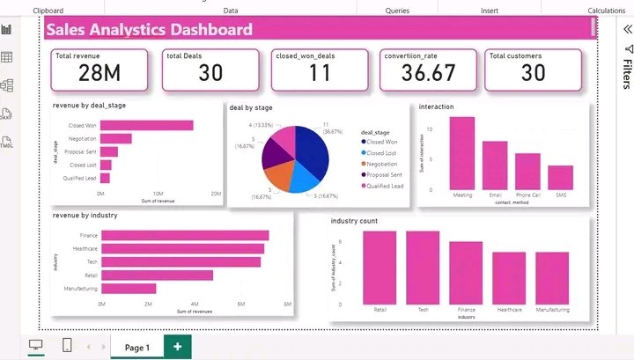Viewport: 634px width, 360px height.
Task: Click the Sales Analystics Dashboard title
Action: [x=149, y=29]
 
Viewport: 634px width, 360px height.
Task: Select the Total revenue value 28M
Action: [x=81, y=74]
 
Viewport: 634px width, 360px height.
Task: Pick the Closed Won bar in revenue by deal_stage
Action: [x=146, y=125]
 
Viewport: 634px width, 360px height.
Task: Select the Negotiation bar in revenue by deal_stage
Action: [x=115, y=138]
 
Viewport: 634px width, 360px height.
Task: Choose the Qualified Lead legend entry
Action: [x=384, y=186]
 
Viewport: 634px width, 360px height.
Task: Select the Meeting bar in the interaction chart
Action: [x=462, y=153]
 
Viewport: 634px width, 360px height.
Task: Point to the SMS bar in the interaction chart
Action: [x=560, y=177]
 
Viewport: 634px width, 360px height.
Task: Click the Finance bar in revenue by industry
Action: [x=185, y=235]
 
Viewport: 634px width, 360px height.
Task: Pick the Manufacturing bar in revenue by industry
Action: [x=129, y=288]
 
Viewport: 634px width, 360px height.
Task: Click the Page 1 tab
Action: [x=136, y=348]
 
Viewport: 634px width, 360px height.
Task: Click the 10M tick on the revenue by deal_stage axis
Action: [x=158, y=193]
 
